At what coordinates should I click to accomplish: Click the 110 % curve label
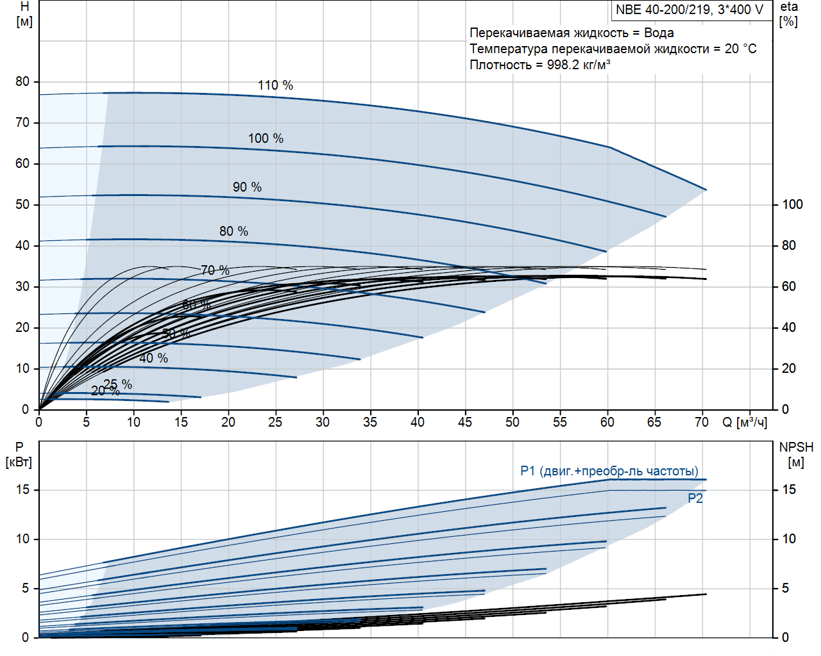click(x=275, y=85)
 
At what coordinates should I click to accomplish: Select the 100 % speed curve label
click(x=266, y=138)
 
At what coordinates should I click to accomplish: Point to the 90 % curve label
click(x=247, y=187)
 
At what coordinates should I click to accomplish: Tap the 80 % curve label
click(x=233, y=231)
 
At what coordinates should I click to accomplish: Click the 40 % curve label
click(x=153, y=358)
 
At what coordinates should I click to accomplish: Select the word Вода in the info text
click(x=659, y=33)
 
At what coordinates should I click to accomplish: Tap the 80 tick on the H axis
click(x=22, y=81)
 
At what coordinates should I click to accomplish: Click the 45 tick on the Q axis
click(x=465, y=422)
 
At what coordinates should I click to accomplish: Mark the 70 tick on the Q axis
click(x=702, y=422)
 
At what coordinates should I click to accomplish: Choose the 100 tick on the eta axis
click(x=792, y=204)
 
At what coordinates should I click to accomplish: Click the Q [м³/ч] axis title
click(x=745, y=422)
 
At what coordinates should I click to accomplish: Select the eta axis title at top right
click(x=789, y=13)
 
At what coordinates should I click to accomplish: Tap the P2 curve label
click(x=695, y=498)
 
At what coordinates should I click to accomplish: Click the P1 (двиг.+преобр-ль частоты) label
click(x=609, y=471)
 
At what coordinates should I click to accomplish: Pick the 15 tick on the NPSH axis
click(x=789, y=489)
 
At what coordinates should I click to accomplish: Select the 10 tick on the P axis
click(x=22, y=539)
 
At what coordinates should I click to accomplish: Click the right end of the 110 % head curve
click(x=706, y=190)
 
